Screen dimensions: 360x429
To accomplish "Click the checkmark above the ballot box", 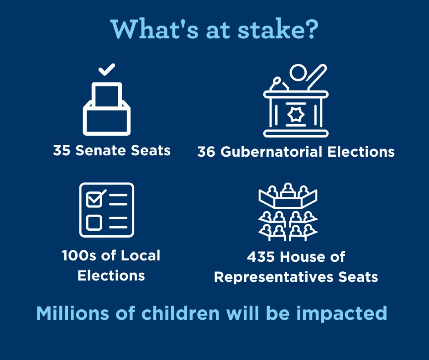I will tap(107, 70).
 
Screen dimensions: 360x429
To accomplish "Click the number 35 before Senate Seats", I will tap(62, 150).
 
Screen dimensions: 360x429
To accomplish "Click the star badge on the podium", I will tap(296, 115).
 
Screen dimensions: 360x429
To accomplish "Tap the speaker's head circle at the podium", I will tap(298, 73).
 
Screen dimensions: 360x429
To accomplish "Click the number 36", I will tap(206, 152).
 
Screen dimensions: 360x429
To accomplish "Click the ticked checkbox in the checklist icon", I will tap(95, 199).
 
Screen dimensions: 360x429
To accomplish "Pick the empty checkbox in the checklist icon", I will tap(94, 222).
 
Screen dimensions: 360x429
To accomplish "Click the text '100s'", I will tap(78, 255).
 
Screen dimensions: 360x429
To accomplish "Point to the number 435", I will tap(262, 257).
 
